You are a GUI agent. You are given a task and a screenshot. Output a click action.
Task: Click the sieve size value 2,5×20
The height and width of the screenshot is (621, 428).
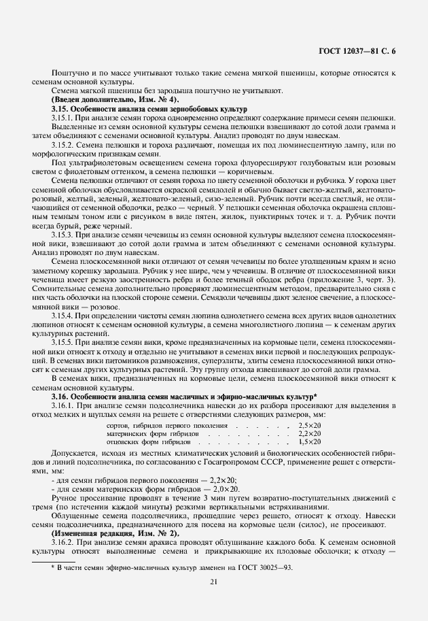pos(310,424)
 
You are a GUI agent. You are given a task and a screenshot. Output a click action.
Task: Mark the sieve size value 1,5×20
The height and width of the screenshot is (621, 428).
pos(310,441)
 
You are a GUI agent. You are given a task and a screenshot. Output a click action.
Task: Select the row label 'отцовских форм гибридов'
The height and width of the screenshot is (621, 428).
pos(153,441)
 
